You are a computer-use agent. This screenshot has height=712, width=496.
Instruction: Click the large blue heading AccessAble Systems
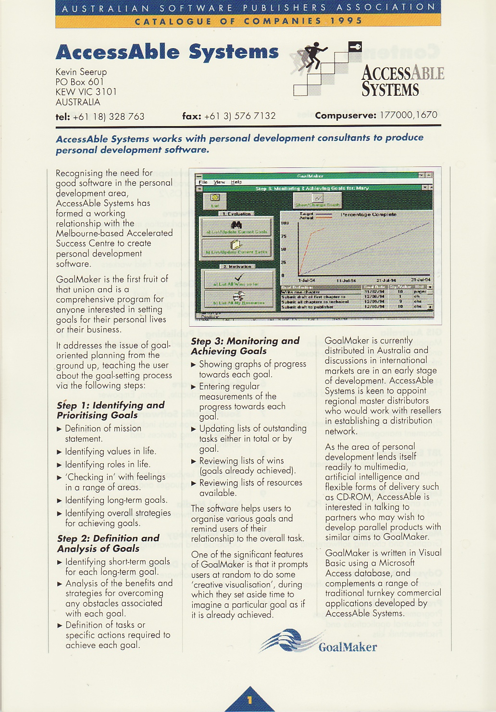167,52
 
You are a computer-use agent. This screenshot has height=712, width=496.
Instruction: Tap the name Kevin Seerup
81,72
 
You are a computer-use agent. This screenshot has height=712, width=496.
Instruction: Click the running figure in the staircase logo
313,55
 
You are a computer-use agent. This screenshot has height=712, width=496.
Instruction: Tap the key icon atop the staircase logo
355,47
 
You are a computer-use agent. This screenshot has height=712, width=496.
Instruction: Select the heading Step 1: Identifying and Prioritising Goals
110,410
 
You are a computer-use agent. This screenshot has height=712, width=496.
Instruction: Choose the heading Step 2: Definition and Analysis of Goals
108,543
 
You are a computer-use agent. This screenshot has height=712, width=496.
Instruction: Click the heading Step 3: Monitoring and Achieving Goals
245,345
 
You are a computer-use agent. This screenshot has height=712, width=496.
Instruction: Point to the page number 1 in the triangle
249,700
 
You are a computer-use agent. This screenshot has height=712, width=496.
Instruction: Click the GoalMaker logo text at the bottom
347,647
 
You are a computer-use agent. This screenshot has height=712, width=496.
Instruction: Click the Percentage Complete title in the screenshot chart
369,214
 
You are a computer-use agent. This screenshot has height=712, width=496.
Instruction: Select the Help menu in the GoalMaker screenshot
236,182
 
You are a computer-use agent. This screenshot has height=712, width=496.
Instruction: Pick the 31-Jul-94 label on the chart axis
421,280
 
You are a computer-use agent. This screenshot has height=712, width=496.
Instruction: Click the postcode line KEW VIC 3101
86,92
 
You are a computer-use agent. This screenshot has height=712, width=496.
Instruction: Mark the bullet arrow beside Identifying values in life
59,452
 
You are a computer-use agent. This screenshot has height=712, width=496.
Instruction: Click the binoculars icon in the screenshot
236,225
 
